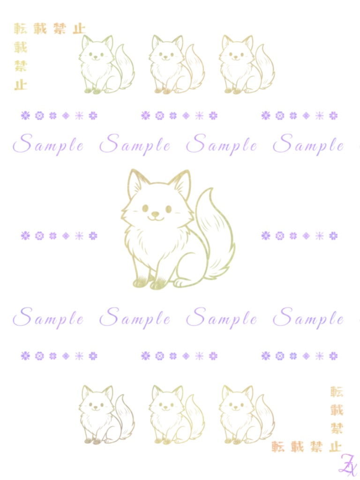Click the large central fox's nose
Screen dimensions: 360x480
pyautogui.click(x=156, y=214)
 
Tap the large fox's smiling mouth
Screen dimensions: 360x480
pyautogui.click(x=156, y=218)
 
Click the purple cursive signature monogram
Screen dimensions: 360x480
pyautogui.click(x=347, y=465)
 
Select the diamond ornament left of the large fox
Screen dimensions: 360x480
pyautogui.click(x=66, y=236)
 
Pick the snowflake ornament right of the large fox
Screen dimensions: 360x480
pyautogui.click(x=319, y=236)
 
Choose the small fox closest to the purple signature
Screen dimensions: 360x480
pyautogui.click(x=247, y=414)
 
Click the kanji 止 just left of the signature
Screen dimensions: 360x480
pyautogui.click(x=335, y=447)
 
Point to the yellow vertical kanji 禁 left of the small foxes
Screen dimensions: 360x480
pyautogui.click(x=21, y=66)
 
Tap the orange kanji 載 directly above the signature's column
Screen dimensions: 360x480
pyautogui.click(x=337, y=410)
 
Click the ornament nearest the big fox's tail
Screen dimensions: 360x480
pyautogui.click(x=266, y=236)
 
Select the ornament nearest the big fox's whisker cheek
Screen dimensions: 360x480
pyautogui.click(x=93, y=236)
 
